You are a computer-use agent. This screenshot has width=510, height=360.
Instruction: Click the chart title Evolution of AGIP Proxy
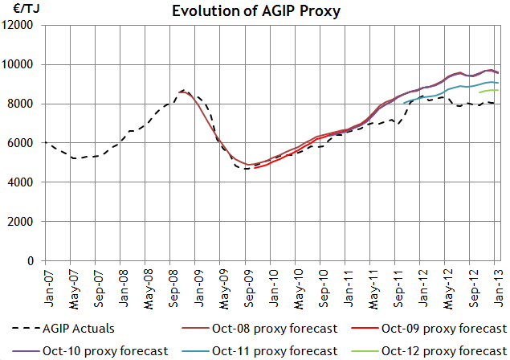(x=255, y=10)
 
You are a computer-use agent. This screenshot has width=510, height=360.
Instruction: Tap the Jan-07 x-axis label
(x=45, y=286)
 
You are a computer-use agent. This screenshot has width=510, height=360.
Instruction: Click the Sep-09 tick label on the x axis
(x=246, y=286)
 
